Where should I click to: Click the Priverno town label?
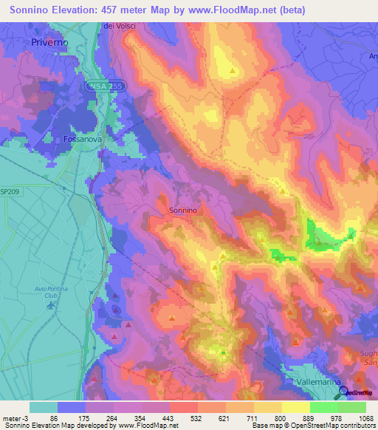(50, 43)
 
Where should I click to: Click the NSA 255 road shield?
(110, 86)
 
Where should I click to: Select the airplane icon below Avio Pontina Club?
(50, 306)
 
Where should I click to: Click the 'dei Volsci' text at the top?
(118, 27)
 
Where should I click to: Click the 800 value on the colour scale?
(279, 419)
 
